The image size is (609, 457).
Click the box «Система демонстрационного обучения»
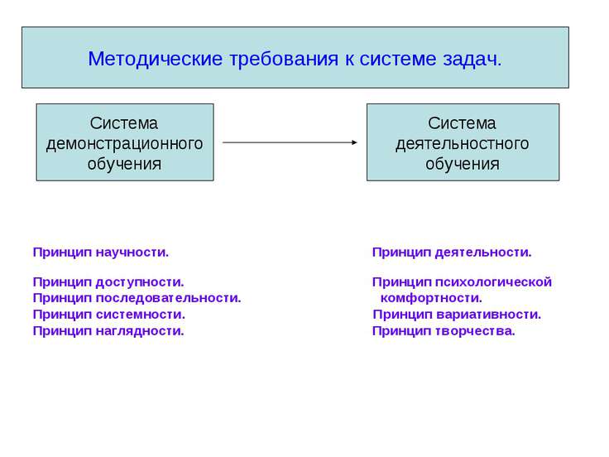[125, 142]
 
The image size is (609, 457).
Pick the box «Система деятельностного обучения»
[463, 142]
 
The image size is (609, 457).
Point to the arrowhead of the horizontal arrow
[353, 142]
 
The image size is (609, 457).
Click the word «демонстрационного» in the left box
[125, 143]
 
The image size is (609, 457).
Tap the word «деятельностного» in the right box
[463, 143]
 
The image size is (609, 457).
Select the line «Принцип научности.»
[101, 252]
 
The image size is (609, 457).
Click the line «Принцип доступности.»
[108, 282]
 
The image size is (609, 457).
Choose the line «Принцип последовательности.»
[137, 298]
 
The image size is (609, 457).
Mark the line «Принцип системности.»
[108, 315]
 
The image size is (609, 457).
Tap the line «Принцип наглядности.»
[108, 331]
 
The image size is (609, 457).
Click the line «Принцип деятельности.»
[452, 252]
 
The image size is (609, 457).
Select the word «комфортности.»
[431, 298]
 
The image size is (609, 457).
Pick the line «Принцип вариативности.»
[457, 315]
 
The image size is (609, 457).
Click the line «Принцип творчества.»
[444, 331]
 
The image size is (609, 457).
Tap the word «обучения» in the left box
[125, 163]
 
